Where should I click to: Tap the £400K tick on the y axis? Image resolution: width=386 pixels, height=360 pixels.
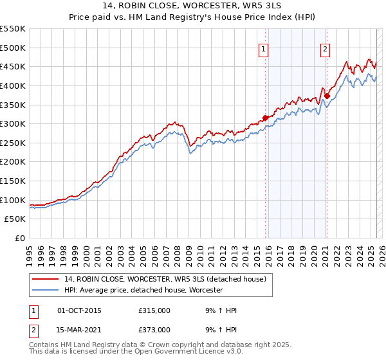point(12,85)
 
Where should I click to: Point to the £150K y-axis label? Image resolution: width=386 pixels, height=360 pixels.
point(12,181)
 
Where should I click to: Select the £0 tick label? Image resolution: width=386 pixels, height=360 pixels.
point(21,238)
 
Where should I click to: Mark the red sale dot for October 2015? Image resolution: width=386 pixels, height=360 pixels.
point(265,118)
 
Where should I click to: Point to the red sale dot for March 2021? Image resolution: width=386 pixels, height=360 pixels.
point(327,96)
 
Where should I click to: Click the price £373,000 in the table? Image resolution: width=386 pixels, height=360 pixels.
point(154,329)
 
